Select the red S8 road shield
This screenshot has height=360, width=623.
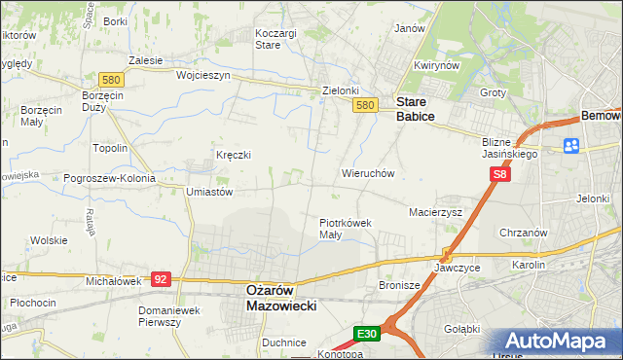[499, 174]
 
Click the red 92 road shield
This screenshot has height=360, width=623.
[162, 279]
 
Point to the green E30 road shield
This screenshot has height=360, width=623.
[366, 334]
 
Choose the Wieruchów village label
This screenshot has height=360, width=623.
[367, 173]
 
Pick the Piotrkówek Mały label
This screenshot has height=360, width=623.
[347, 228]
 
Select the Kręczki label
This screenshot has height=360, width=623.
[234, 155]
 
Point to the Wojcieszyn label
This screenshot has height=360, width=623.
[202, 75]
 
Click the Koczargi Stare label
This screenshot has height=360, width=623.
[275, 38]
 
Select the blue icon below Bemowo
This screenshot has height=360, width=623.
[571, 146]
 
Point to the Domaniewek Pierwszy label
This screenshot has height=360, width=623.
[173, 316]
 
